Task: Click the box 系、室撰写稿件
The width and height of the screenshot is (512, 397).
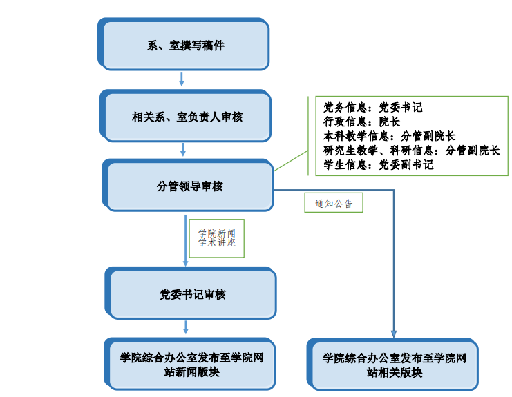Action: click(x=185, y=46)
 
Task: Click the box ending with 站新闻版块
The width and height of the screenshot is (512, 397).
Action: click(x=191, y=365)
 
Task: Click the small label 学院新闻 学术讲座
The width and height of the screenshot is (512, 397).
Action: click(x=216, y=238)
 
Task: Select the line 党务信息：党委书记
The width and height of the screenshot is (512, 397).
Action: click(x=372, y=108)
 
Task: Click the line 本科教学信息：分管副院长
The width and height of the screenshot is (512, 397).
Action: click(x=389, y=136)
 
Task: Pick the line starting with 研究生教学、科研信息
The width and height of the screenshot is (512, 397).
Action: click(x=411, y=151)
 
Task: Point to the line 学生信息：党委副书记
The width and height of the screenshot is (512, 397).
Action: click(x=378, y=165)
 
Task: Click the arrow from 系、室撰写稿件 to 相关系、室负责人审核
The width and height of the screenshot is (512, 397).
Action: click(x=182, y=79)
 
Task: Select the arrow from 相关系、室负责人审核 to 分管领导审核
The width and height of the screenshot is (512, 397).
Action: click(x=183, y=149)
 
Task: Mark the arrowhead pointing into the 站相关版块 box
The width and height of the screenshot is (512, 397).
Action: click(x=394, y=334)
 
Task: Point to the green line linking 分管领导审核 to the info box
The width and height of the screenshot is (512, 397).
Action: click(x=290, y=162)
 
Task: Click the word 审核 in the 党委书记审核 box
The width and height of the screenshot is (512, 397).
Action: click(x=215, y=295)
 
